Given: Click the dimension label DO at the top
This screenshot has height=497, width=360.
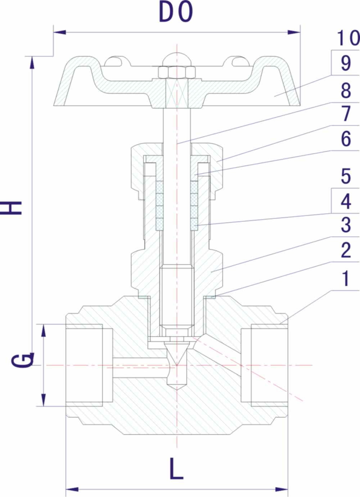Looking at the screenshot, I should pos(176,13).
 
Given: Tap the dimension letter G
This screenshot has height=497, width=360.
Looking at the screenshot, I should pos(21,361).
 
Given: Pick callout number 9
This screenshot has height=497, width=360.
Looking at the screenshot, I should pos(346,63).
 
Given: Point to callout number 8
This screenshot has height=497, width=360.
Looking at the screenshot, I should pos(346,90).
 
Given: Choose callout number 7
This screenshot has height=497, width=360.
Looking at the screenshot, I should pos(346,114).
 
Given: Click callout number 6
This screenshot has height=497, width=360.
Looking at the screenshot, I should pos(346,139).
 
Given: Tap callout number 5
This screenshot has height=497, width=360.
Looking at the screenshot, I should pos(346,176).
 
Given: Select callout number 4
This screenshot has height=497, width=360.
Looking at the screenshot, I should pos(346,201).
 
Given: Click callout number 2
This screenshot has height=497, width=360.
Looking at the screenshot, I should pos(346,250).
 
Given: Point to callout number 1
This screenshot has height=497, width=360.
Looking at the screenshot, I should pos(346,279).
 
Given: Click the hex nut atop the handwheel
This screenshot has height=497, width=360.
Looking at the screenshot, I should pos(176,72).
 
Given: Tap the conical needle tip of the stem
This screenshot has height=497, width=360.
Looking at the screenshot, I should pos(176,355).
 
